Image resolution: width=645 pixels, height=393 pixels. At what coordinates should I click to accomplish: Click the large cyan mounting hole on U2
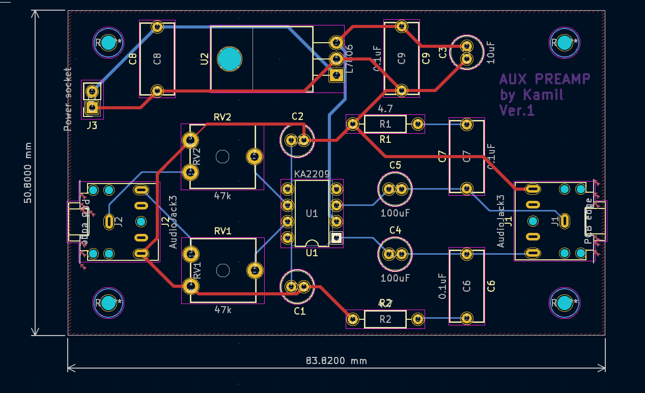pos(229,59)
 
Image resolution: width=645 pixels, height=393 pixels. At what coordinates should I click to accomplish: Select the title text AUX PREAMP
pos(545,79)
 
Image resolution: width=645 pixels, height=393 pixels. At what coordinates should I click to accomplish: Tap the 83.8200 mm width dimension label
pos(336,361)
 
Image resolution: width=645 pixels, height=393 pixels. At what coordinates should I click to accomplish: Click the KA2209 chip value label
pos(312,174)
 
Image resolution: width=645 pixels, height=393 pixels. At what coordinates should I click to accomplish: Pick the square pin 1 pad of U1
pos(336,237)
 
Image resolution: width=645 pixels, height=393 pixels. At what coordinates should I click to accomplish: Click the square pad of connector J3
pos(92,107)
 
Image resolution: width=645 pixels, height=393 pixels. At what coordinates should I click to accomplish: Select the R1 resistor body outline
pos(385,124)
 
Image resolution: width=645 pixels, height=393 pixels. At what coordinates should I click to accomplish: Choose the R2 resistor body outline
pos(385,319)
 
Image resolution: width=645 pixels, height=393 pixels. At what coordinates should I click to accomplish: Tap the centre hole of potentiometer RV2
pos(222,157)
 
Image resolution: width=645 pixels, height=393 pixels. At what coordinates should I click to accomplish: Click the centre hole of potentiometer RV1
pos(222,270)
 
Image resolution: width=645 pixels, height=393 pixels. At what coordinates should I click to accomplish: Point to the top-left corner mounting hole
pos(108,43)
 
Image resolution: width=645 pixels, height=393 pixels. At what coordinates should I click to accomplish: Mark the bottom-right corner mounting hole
pos(564,303)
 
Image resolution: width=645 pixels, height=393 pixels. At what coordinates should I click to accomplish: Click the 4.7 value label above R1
pos(385,109)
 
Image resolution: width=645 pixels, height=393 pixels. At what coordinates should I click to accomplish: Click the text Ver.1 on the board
pos(517,110)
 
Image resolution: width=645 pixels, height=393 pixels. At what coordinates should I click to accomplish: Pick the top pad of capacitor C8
pos(157,26)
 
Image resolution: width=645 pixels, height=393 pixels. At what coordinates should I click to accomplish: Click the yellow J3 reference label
pos(92,124)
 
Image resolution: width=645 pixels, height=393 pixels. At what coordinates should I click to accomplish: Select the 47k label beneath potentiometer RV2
pos(223,196)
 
